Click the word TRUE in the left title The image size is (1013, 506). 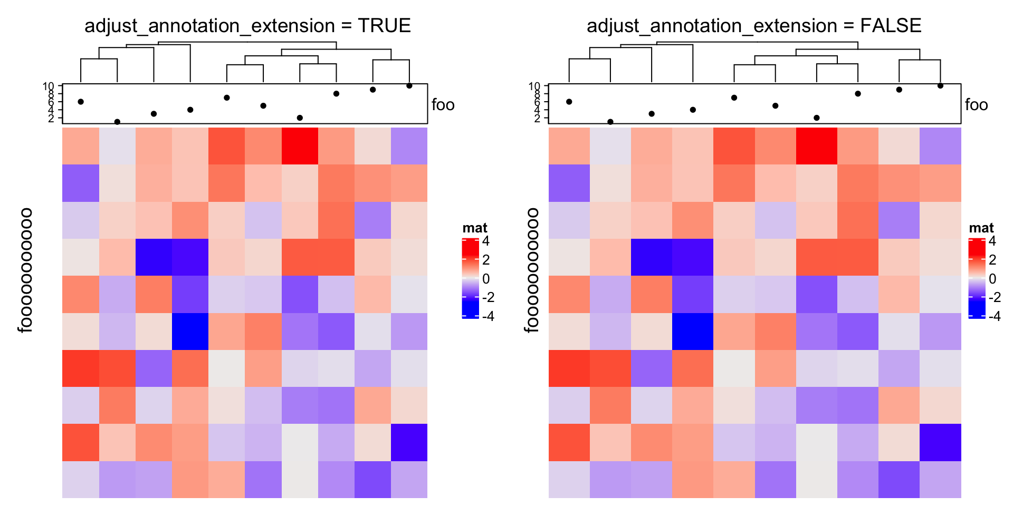pos(384,26)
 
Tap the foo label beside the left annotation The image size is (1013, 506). pos(443,105)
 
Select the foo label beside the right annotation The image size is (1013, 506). pos(976,105)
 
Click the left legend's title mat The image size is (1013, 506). pos(475,228)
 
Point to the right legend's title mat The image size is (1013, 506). pos(981,228)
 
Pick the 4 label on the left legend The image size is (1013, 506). pos(486,241)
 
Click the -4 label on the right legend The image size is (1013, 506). pos(995,316)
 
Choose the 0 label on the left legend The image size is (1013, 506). pos(486,279)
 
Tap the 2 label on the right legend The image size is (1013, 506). pos(992,260)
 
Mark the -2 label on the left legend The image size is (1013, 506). pos(488,297)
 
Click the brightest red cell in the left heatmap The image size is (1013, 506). pos(300,146)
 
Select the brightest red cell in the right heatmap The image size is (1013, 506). pos(816,146)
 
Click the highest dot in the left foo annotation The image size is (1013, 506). pos(409,85)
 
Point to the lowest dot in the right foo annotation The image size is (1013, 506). pos(610,122)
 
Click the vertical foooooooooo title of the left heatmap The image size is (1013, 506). pos(25,270)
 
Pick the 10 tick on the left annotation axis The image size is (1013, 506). pos(49,86)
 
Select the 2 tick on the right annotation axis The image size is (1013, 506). pos(537,118)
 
